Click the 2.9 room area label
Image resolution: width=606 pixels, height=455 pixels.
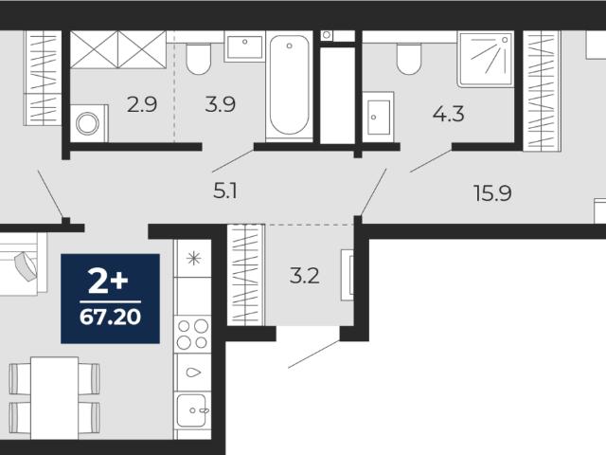pos(142,105)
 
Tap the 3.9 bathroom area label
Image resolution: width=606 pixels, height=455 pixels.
pos(221,104)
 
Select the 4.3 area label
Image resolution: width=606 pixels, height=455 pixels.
pos(448,114)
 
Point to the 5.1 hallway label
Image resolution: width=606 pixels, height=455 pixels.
pos(225,191)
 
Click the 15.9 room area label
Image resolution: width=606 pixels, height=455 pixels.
pos(492,193)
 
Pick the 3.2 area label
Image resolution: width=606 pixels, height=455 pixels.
pos(305,276)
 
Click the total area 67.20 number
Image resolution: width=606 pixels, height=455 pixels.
pos(110,318)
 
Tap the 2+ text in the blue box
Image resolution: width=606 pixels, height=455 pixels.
pos(108,281)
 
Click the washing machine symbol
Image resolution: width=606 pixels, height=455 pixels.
pos(89,123)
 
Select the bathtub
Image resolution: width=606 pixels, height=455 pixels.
pos(289,86)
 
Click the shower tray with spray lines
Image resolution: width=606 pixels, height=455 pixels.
pos(486,59)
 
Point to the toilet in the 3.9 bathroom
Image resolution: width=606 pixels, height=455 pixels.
pos(198,59)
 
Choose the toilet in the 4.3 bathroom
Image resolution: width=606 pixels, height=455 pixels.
pos(409,59)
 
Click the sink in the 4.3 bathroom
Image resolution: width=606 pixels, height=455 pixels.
pos(379,117)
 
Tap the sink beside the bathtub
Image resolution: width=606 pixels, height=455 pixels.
pos(244,46)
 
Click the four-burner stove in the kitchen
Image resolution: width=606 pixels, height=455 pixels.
pos(192,335)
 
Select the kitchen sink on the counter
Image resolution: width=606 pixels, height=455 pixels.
pos(192,409)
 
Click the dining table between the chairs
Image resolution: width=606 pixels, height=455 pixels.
pos(55,398)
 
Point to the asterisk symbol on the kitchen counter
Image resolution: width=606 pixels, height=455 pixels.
pos(193,259)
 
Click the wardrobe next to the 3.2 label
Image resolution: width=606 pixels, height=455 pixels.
pos(246,275)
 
